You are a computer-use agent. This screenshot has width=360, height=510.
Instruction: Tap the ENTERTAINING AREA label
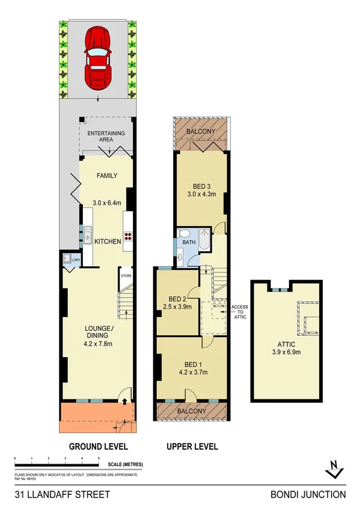coord(106,136)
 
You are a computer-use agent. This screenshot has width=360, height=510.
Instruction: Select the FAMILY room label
coord(106,176)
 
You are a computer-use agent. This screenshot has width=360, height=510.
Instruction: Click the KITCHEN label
coord(109,241)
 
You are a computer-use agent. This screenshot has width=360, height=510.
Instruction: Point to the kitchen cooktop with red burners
coord(127,235)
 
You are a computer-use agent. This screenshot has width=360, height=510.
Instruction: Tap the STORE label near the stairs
coord(126,276)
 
